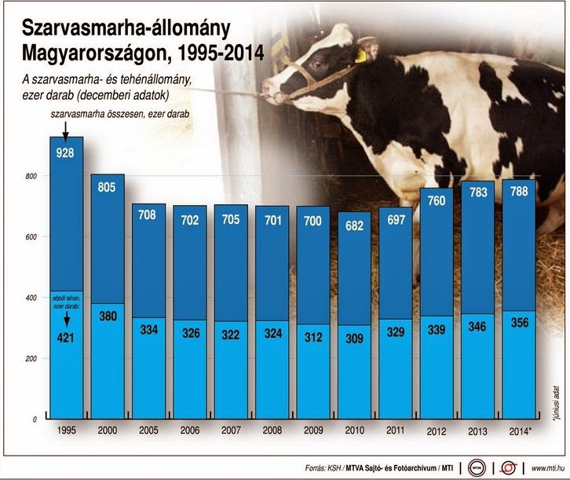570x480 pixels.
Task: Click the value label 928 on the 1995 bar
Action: [66, 155]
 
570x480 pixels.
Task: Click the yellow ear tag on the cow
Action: [362, 55]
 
